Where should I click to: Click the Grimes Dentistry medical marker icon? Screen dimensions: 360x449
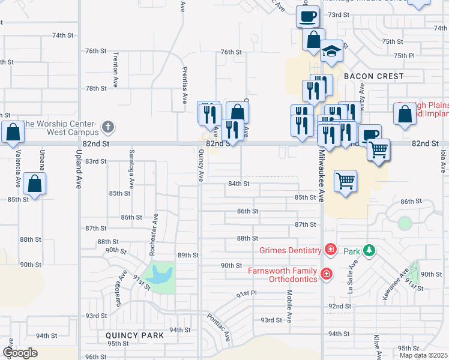pyautogui.click(x=330, y=248)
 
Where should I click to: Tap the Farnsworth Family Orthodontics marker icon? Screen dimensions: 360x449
pyautogui.click(x=326, y=274)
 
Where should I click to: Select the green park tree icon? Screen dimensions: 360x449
pyautogui.click(x=370, y=250)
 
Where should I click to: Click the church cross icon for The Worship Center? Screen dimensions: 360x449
pyautogui.click(x=107, y=127)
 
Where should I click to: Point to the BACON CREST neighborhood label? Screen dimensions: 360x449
pyautogui.click(x=374, y=77)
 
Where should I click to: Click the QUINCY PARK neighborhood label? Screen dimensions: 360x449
pyautogui.click(x=131, y=335)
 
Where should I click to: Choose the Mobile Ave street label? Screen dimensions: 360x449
pyautogui.click(x=289, y=307)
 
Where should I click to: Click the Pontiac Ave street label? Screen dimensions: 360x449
pyautogui.click(x=219, y=327)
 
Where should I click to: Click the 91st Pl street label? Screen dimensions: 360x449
pyautogui.click(x=246, y=294)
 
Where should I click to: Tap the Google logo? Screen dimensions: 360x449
pyautogui.click(x=20, y=353)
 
